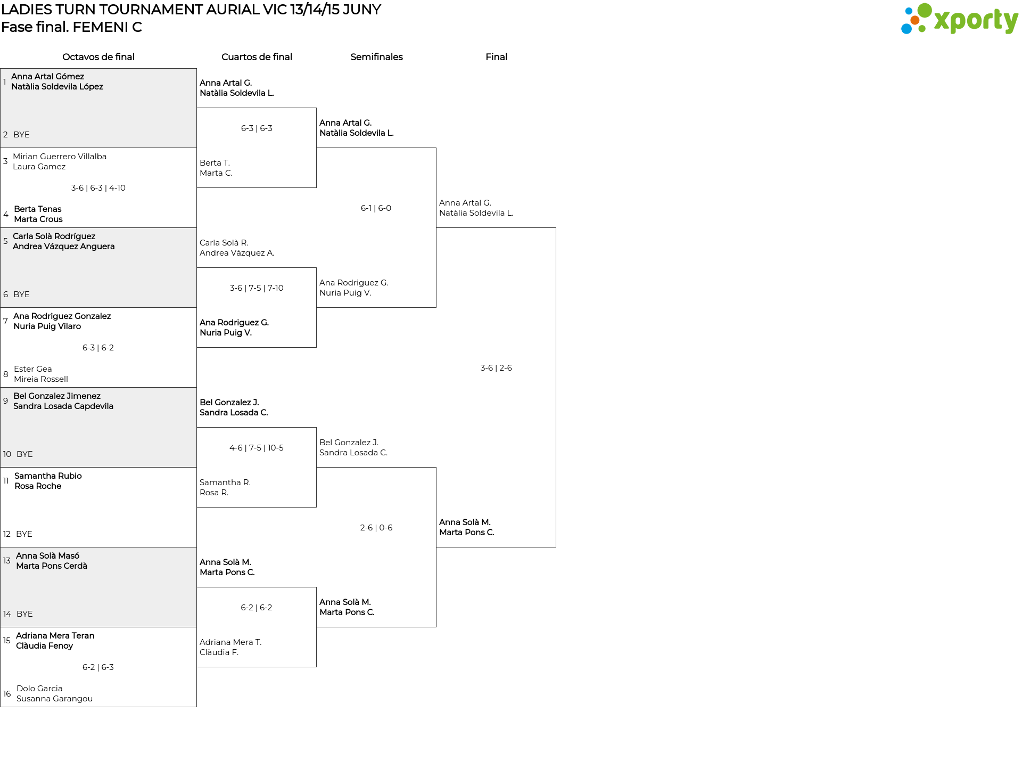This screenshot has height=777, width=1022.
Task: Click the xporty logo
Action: [x=959, y=19]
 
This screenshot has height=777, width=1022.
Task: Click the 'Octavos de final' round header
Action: [x=98, y=57]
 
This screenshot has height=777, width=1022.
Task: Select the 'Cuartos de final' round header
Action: [x=257, y=57]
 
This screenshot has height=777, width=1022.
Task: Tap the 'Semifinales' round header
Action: [x=376, y=57]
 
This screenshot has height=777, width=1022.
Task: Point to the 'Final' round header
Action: [x=496, y=57]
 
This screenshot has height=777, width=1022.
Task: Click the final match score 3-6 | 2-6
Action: [x=496, y=368]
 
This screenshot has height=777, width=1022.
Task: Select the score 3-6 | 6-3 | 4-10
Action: [x=98, y=188]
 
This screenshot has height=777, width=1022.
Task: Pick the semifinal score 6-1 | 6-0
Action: [x=376, y=208]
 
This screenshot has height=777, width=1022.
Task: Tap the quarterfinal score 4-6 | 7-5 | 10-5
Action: [x=257, y=448]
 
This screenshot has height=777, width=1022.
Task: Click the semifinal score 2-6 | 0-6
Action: [x=376, y=528]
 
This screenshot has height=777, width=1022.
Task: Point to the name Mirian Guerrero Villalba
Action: [x=60, y=157]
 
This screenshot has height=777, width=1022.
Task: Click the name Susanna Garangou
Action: [x=54, y=699]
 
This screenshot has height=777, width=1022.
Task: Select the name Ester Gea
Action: [x=33, y=369]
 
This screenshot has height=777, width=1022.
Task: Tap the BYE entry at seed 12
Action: [x=24, y=534]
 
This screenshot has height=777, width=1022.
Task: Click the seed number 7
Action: [x=5, y=321]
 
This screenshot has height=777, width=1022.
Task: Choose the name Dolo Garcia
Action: [x=39, y=689]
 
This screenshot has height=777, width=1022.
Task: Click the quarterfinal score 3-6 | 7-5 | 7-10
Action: [x=257, y=288]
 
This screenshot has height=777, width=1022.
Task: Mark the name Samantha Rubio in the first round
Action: [x=48, y=476]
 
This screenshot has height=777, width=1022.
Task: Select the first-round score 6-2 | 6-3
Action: [x=98, y=667]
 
